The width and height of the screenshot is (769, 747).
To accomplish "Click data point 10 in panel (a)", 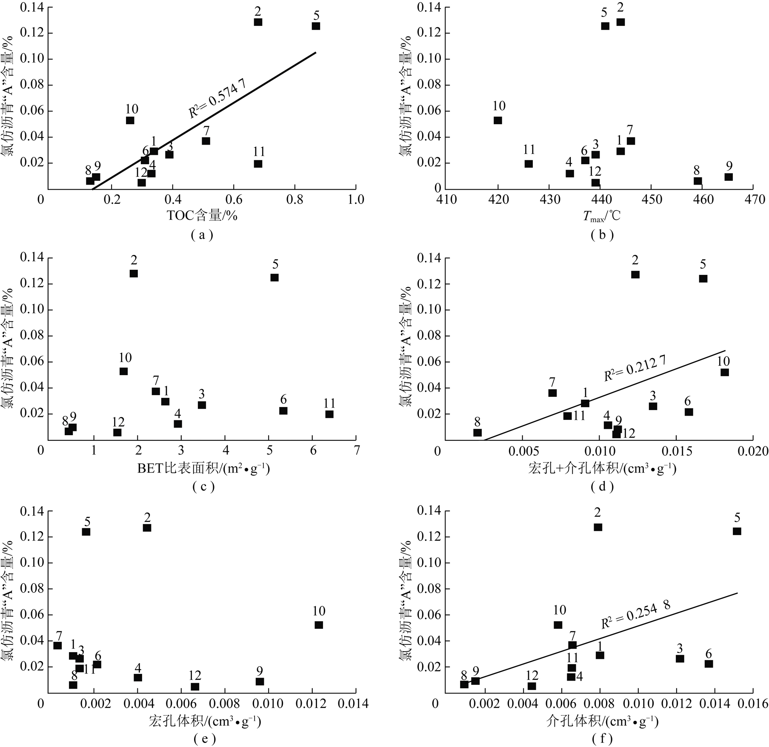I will [x=130, y=120].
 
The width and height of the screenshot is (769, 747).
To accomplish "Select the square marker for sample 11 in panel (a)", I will [x=258, y=164].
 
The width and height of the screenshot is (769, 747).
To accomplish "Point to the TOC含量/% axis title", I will [x=202, y=216].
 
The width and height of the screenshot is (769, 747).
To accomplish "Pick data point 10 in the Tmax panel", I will [x=498, y=120].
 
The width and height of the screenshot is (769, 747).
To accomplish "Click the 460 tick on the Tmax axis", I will [x=702, y=200].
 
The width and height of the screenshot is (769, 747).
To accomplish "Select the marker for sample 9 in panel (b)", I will [x=729, y=177].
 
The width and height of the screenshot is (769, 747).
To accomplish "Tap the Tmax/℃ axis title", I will [x=602, y=217].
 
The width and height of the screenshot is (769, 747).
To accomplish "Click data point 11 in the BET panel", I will [x=329, y=414].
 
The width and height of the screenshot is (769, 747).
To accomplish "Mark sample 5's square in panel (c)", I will [x=274, y=277].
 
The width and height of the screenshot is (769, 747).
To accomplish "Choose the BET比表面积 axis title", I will [x=203, y=469].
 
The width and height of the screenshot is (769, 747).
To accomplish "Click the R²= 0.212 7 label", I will [x=635, y=368].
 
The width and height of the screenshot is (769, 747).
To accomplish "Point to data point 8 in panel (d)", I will [x=477, y=433].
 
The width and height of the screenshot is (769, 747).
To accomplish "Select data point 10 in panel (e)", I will [x=319, y=625].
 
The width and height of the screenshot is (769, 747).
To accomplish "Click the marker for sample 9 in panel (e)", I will [x=260, y=681].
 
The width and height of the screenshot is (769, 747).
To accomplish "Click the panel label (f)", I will [x=603, y=739].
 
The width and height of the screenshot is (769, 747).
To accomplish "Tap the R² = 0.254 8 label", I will [x=635, y=615].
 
